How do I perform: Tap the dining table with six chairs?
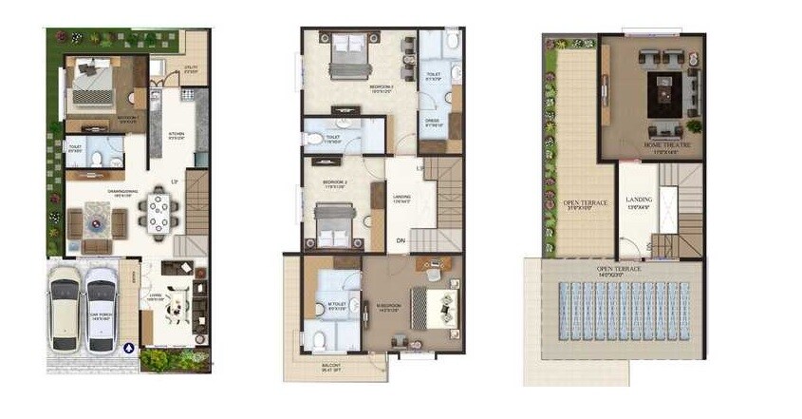pyautogui.click(x=157, y=216)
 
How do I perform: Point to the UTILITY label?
pyautogui.click(x=190, y=67)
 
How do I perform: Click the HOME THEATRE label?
pyautogui.click(x=666, y=145)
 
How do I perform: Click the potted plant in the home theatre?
pyautogui.click(x=694, y=125)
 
